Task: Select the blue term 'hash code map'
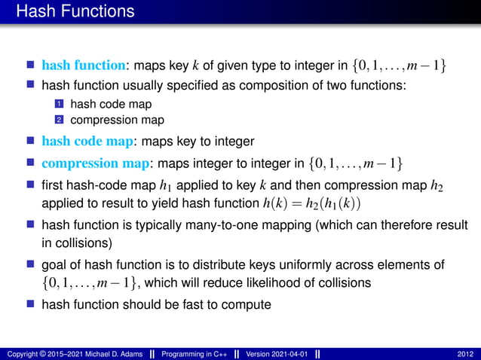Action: (87, 141)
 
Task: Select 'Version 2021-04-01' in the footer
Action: (277, 354)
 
